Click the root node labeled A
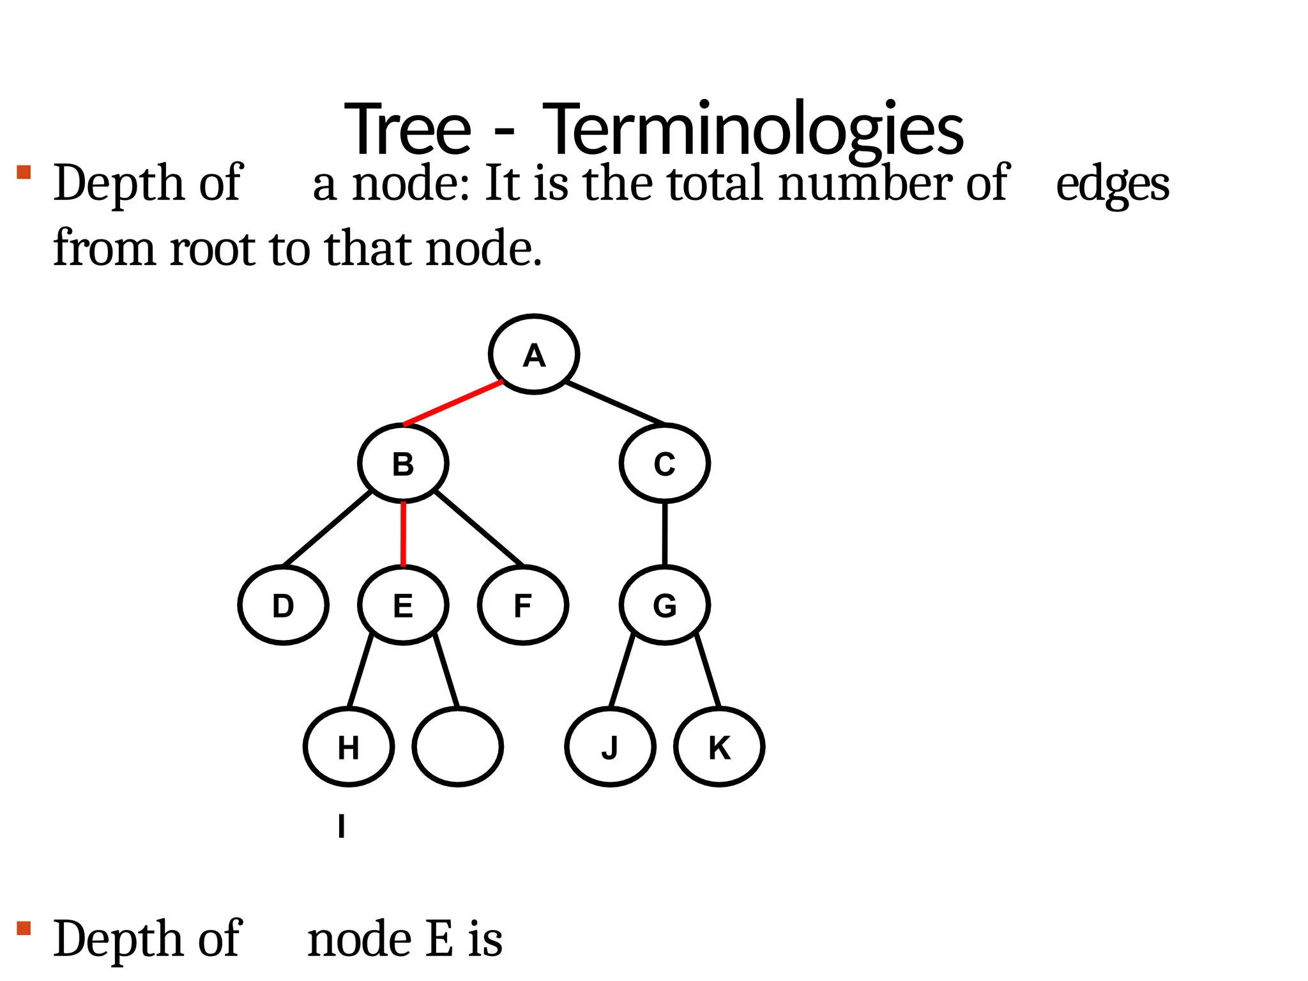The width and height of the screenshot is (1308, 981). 534,354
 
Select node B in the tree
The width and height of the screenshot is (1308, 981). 403,464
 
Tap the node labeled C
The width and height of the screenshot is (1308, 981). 664,464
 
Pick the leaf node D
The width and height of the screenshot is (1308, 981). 283,605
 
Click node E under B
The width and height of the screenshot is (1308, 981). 403,605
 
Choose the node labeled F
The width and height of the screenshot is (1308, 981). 522,605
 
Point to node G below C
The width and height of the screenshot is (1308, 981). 664,605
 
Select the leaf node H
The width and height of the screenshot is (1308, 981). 348,747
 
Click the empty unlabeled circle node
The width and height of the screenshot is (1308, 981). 457,747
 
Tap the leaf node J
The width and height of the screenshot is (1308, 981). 610,747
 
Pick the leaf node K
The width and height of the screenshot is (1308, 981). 719,747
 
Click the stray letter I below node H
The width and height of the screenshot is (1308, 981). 342,826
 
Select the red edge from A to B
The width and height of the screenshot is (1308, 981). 453,403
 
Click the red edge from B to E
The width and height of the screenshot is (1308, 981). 403,534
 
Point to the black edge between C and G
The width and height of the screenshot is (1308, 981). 665,534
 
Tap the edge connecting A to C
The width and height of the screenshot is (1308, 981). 615,403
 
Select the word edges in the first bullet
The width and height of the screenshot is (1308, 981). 1113,184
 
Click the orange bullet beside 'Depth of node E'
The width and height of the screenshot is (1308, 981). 24,928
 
